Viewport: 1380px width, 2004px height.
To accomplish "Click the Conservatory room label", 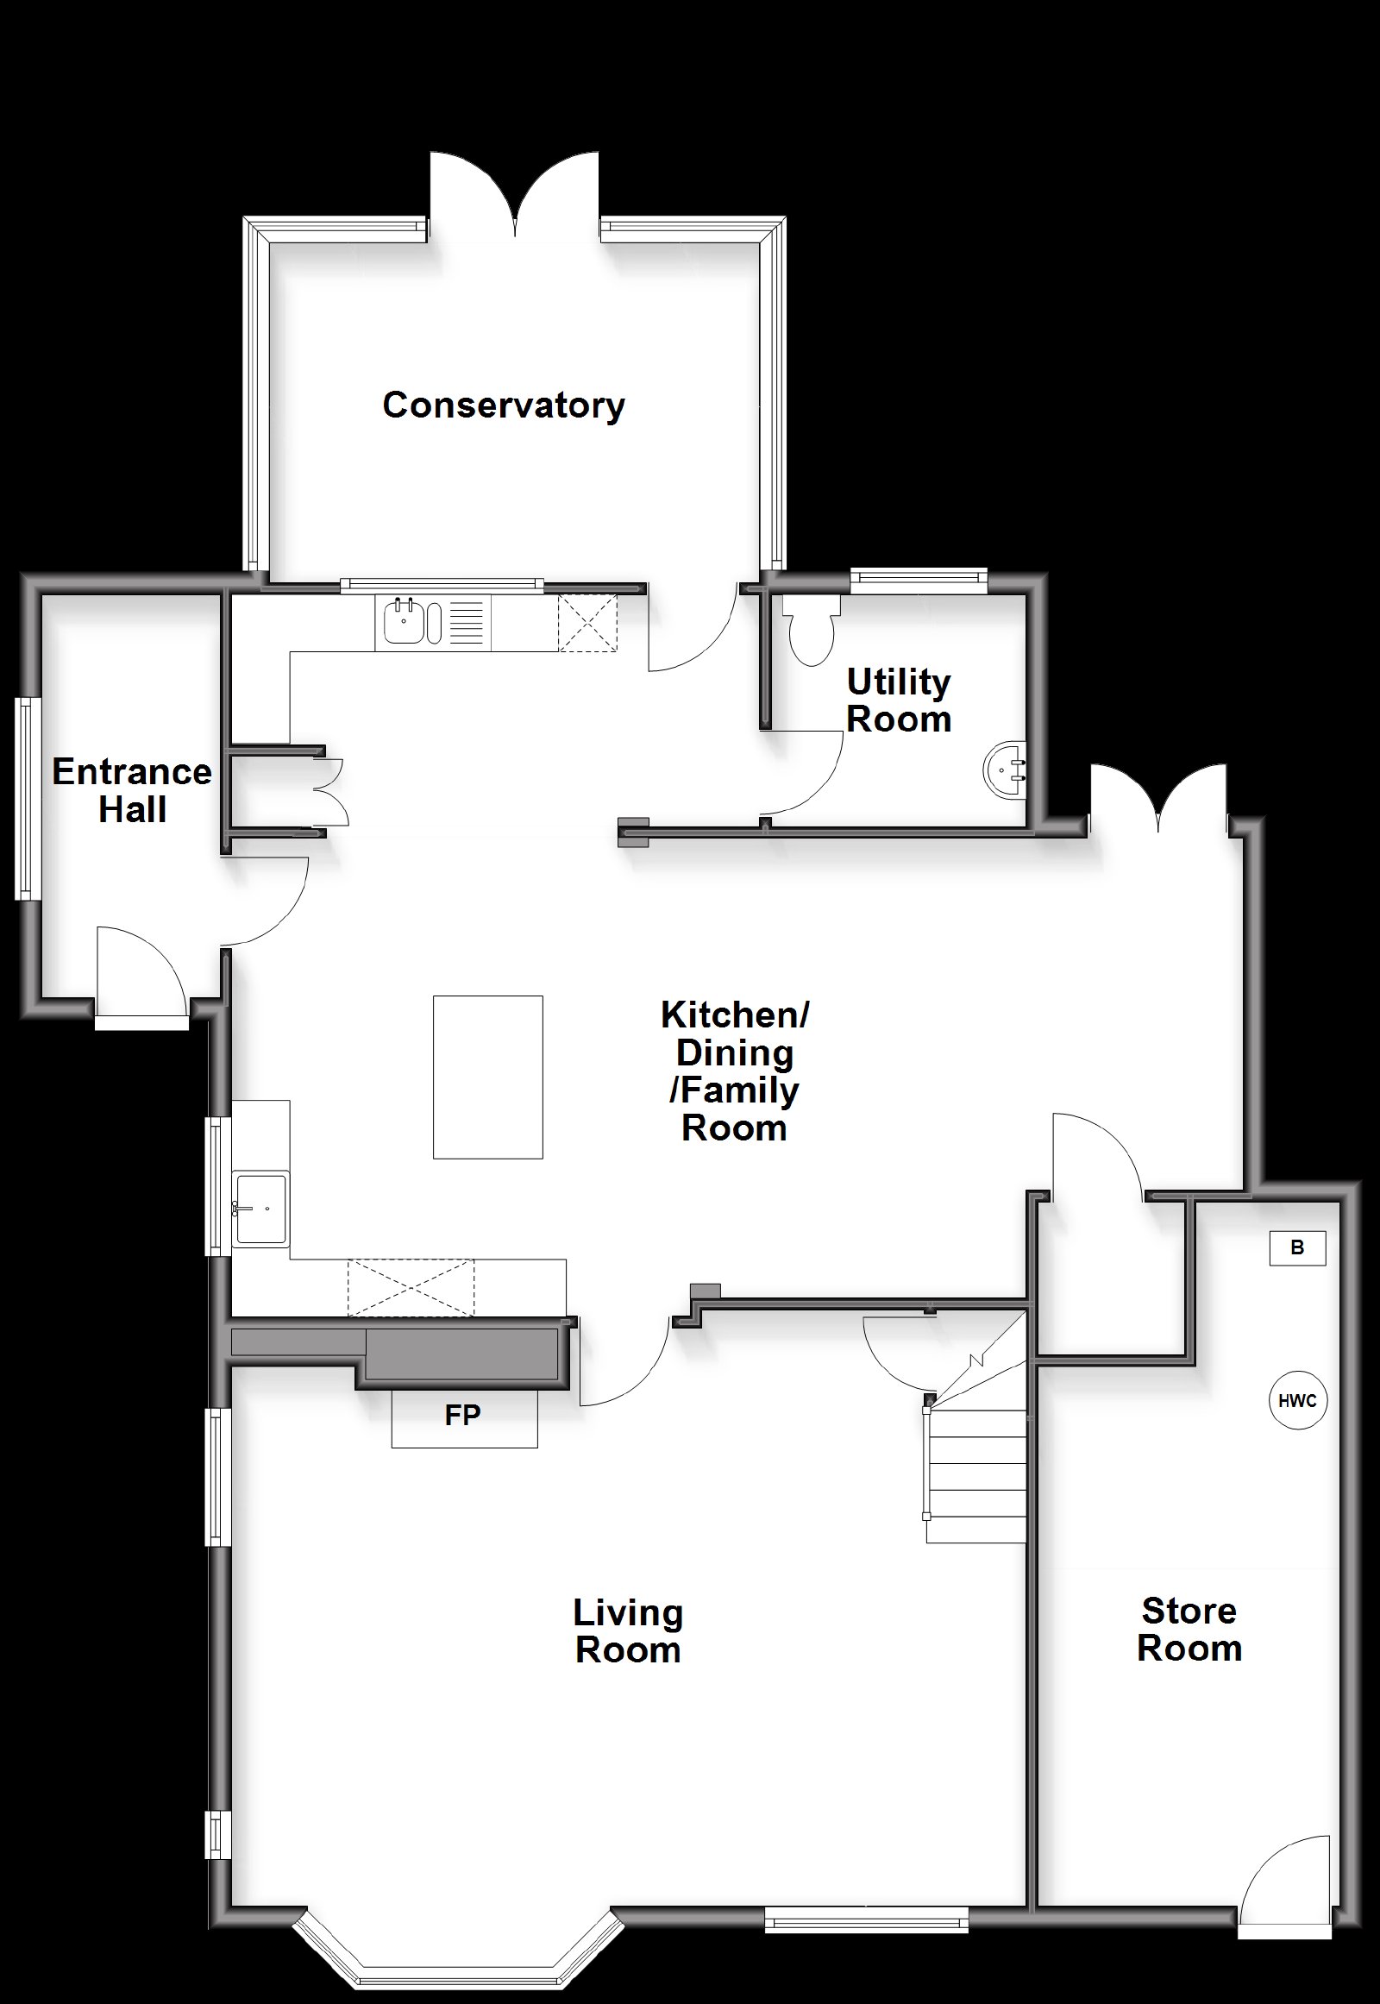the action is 503,405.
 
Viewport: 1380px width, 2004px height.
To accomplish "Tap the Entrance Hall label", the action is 131,790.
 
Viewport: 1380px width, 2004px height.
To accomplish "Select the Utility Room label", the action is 899,700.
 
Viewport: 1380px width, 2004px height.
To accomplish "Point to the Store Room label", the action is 1189,1630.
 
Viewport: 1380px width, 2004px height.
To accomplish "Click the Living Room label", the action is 628,1631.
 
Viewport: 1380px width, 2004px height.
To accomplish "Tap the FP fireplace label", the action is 462,1415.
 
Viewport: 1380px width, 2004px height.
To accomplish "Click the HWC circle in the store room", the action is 1297,1400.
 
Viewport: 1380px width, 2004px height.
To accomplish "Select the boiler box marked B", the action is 1297,1248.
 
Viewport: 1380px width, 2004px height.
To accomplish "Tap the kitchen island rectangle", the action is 487,1077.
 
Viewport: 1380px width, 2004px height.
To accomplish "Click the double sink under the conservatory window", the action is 433,622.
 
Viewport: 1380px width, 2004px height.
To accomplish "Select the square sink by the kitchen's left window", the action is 260,1209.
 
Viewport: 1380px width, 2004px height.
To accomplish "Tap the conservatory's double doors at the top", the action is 515,195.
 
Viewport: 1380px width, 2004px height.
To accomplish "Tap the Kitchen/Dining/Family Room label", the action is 735,1071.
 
